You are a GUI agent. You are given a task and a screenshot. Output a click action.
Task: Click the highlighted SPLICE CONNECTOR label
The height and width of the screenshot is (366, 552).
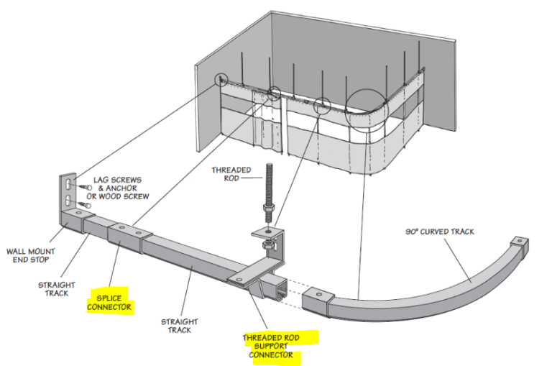(x=109, y=301)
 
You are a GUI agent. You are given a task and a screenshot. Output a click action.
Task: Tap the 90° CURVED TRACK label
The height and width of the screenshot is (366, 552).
(x=438, y=232)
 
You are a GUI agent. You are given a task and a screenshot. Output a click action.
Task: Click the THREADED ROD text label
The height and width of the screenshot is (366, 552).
(x=231, y=175)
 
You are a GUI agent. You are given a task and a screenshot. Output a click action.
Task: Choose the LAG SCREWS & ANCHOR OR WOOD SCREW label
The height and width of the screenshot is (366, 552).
(x=121, y=188)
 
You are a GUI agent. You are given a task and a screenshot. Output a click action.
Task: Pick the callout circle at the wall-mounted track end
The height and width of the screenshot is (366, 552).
(x=221, y=80)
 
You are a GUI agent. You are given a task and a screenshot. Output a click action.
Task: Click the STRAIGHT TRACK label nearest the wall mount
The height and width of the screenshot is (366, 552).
(x=56, y=290)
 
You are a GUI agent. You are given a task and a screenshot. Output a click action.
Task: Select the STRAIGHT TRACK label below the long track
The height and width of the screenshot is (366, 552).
(x=179, y=325)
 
